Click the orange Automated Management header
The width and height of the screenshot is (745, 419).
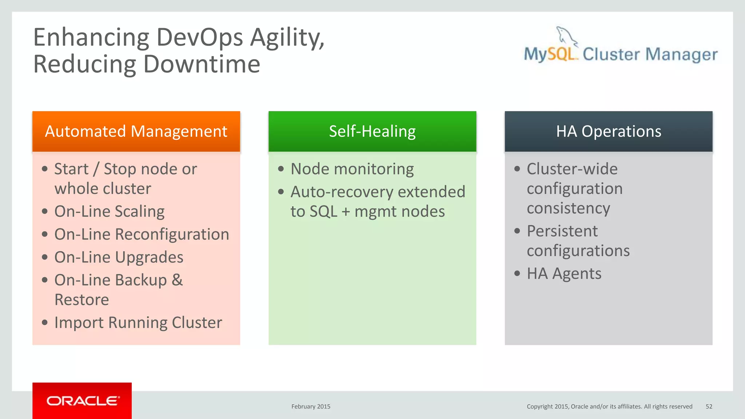click(136, 131)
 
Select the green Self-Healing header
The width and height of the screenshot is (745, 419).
click(372, 131)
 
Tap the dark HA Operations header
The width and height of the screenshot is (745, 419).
click(608, 131)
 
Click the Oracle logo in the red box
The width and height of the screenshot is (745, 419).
click(83, 401)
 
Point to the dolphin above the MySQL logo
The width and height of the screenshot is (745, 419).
click(566, 37)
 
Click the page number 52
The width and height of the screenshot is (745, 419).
click(709, 407)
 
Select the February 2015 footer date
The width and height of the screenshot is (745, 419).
click(311, 407)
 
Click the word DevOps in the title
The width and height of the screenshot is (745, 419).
click(200, 37)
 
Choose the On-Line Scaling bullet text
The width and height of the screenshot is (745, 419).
click(109, 212)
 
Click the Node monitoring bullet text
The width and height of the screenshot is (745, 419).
click(352, 169)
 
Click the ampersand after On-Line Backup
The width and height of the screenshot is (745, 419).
click(177, 280)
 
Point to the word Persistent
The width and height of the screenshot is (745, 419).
click(562, 231)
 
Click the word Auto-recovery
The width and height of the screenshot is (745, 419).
click(342, 192)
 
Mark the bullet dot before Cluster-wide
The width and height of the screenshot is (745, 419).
click(517, 169)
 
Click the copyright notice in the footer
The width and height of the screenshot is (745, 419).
click(609, 407)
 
